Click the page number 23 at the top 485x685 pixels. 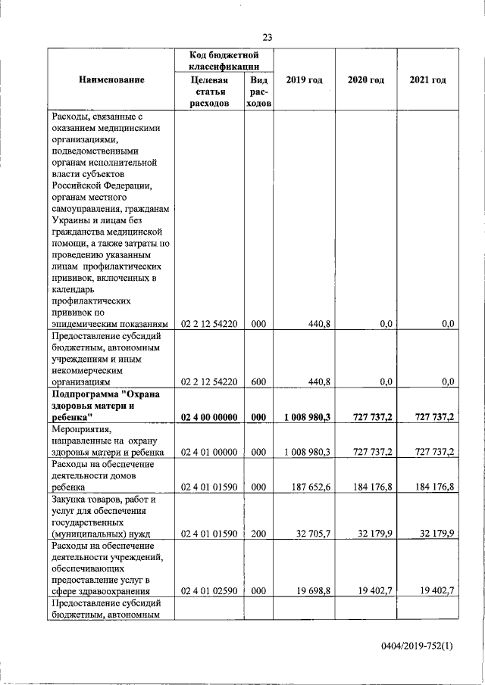click(x=268, y=38)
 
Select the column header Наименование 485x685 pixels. click(x=111, y=80)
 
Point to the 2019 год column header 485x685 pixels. click(x=304, y=80)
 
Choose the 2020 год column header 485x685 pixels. click(x=366, y=80)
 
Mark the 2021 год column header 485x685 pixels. click(x=427, y=80)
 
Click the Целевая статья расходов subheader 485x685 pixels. click(x=209, y=92)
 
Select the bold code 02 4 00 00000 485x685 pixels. click(x=209, y=417)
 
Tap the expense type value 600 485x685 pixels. click(x=258, y=382)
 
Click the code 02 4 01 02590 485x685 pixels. click(x=209, y=592)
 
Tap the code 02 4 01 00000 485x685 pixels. click(x=209, y=452)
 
